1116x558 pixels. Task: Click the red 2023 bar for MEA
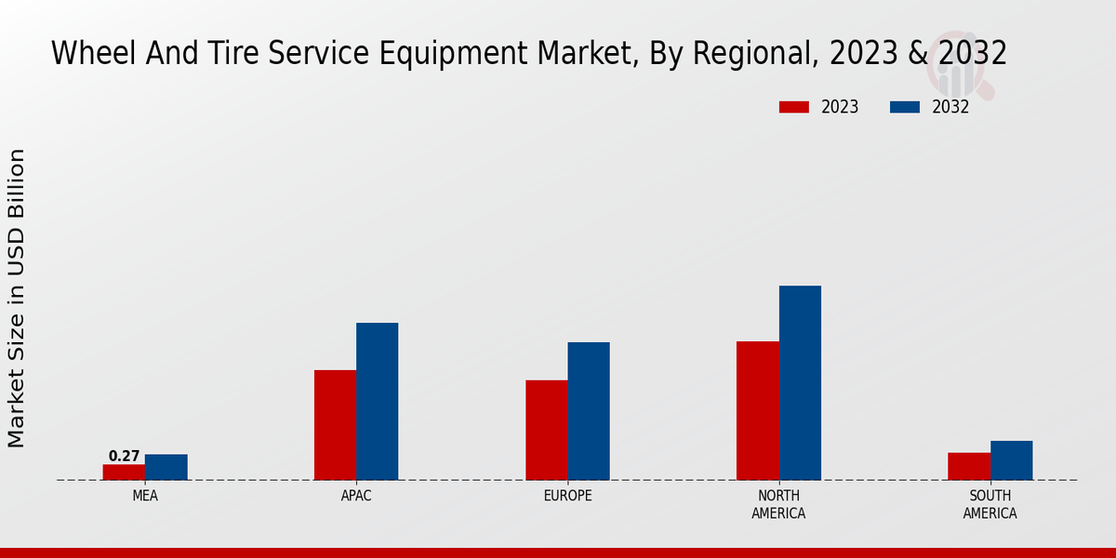[x=124, y=472]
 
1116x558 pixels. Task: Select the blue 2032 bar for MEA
[x=166, y=467]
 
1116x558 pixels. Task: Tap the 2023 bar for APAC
[x=335, y=425]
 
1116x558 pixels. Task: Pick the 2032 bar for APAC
[x=378, y=402]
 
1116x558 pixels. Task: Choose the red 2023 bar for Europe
[x=547, y=430]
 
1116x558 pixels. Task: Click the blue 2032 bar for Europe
[x=589, y=411]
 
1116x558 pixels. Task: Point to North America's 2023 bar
[x=758, y=410]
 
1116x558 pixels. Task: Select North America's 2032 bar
[x=800, y=382]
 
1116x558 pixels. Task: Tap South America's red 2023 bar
[x=969, y=466]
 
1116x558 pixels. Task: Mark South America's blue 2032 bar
[x=1012, y=460]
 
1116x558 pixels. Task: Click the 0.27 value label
[x=124, y=457]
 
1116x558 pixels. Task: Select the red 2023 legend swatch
[x=793, y=107]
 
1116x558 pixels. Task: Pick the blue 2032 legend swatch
[x=904, y=107]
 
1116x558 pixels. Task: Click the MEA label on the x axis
[x=145, y=496]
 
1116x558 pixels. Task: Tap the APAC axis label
[x=356, y=496]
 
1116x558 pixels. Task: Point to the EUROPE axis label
[x=567, y=496]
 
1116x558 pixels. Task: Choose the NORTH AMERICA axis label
[x=778, y=504]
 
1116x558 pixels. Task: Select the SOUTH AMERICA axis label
[x=990, y=504]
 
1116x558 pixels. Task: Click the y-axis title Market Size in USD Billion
[x=17, y=298]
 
